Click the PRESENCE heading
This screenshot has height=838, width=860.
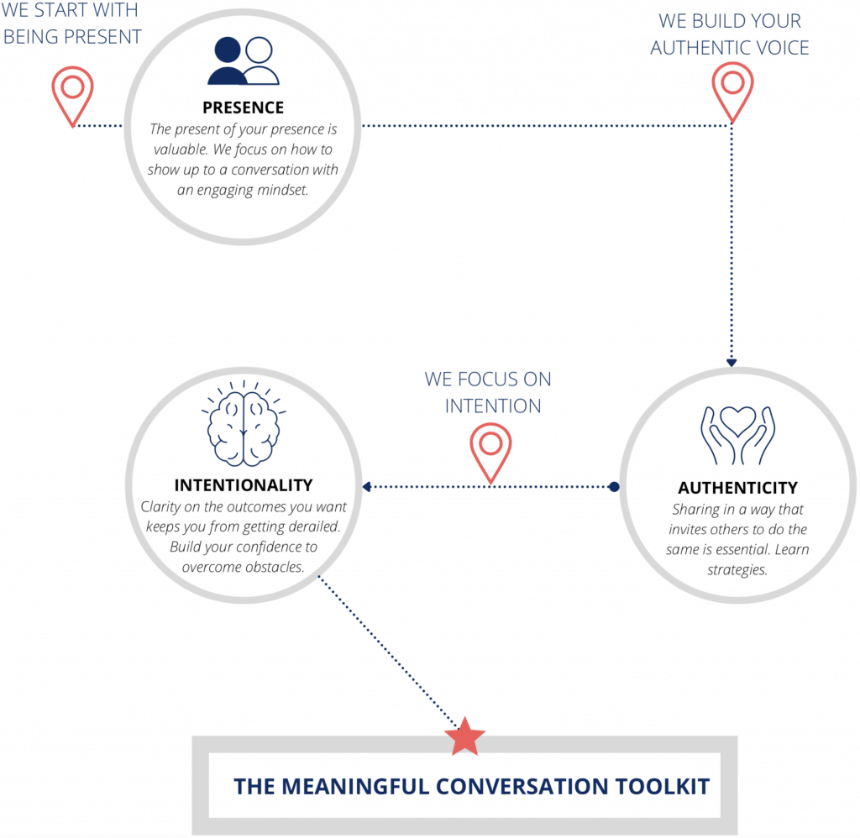[x=243, y=108]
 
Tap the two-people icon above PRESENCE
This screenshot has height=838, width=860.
[x=243, y=60]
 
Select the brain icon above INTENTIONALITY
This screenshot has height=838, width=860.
[x=243, y=425]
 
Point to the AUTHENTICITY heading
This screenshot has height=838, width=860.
[x=737, y=488]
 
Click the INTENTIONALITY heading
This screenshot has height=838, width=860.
[x=243, y=485]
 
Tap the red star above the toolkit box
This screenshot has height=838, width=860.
[x=464, y=737]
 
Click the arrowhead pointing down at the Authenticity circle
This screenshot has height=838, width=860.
[x=732, y=363]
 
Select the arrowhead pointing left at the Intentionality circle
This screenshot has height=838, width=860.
[x=367, y=486]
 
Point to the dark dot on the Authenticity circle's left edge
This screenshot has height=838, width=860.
[x=614, y=486]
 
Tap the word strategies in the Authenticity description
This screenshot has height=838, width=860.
[x=737, y=569]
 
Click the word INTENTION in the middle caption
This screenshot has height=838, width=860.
[x=493, y=406]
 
